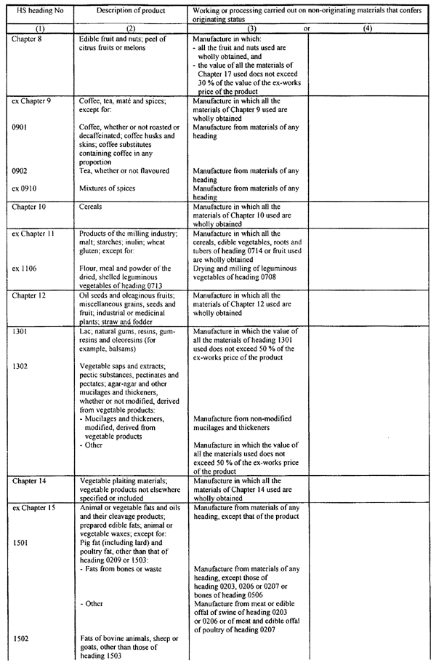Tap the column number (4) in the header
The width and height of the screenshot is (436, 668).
point(368,28)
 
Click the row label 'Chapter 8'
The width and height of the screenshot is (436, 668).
point(27,38)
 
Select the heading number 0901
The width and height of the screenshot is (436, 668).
point(21,127)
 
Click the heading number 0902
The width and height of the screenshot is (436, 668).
point(21,171)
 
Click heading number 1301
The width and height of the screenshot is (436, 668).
point(21,331)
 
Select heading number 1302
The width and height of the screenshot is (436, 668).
point(21,366)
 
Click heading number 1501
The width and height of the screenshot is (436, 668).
point(21,542)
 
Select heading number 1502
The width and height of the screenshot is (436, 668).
point(21,638)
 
